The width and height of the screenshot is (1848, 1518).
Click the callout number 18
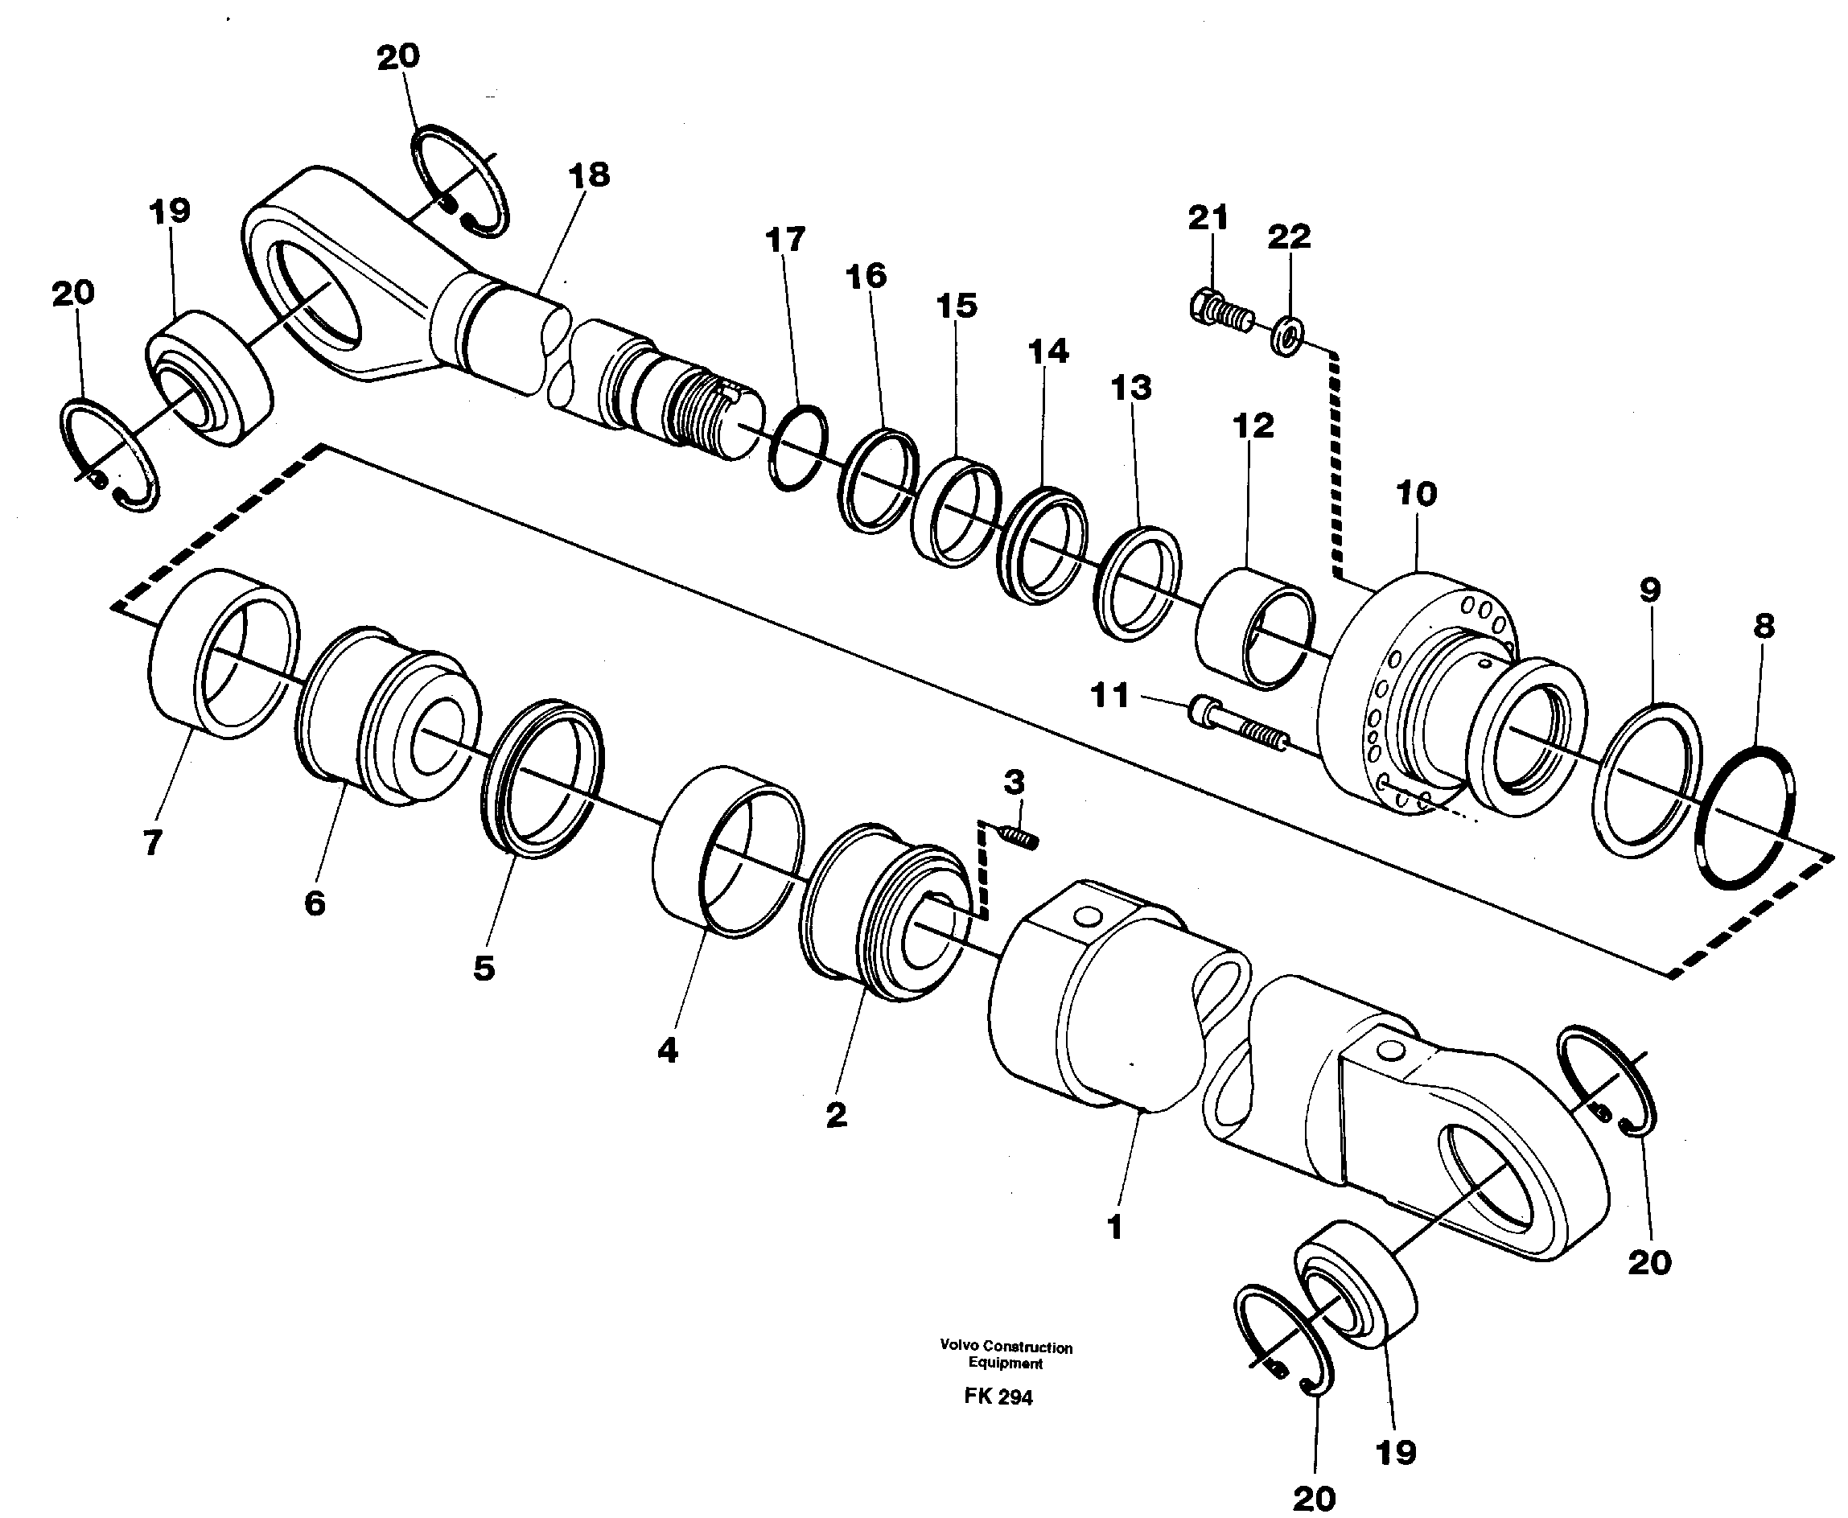[x=589, y=175]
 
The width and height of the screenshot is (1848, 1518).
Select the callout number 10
[x=1416, y=495]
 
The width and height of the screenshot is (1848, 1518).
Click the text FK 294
[x=998, y=1397]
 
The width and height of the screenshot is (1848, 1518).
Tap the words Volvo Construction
[x=1006, y=1347]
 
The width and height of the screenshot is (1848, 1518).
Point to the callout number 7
[x=152, y=843]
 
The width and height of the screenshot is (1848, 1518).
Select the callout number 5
[x=484, y=968]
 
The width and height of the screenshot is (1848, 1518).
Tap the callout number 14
[x=1047, y=352]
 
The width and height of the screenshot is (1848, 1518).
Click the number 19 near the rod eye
[x=170, y=211]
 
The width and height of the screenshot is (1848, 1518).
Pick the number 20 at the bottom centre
[x=1314, y=1498]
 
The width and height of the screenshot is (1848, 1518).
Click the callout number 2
[x=836, y=1115]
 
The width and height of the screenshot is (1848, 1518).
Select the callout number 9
[x=1649, y=590]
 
